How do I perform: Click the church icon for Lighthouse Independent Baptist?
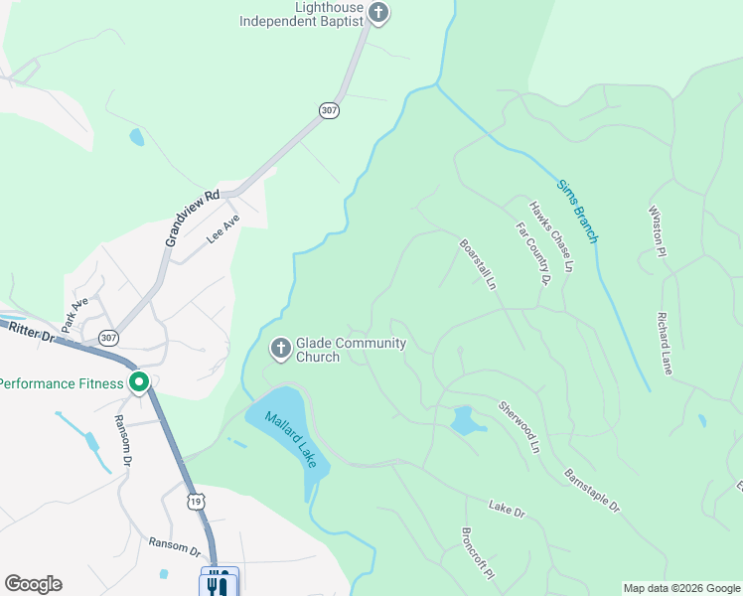[377, 13]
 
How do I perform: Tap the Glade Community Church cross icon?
[280, 349]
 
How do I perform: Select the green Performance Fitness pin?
[139, 382]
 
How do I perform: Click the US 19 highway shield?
[196, 502]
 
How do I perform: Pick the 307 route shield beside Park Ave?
[108, 338]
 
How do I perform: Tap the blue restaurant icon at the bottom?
[220, 583]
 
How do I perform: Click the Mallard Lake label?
[291, 440]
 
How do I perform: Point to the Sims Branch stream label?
[577, 211]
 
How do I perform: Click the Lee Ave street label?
[223, 231]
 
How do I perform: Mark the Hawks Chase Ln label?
[552, 237]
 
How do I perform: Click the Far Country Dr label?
[533, 254]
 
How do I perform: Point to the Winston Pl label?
[656, 231]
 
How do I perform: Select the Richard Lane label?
[665, 344]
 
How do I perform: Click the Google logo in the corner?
[33, 584]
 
